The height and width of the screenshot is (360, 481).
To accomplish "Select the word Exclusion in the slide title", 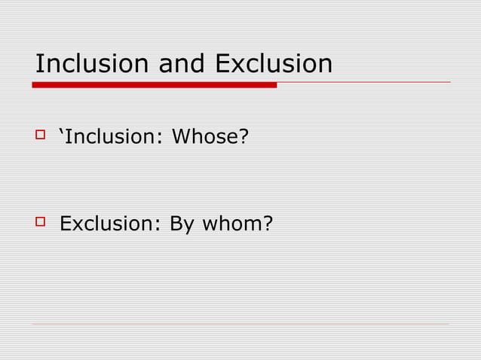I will [274, 64].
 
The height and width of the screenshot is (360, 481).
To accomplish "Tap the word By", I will [179, 225].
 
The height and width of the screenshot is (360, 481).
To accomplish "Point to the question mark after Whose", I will [244, 139].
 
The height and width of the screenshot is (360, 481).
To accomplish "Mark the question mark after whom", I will [267, 224].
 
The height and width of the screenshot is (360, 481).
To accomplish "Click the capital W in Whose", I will [181, 139].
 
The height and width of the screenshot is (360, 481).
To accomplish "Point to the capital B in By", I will [174, 224].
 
